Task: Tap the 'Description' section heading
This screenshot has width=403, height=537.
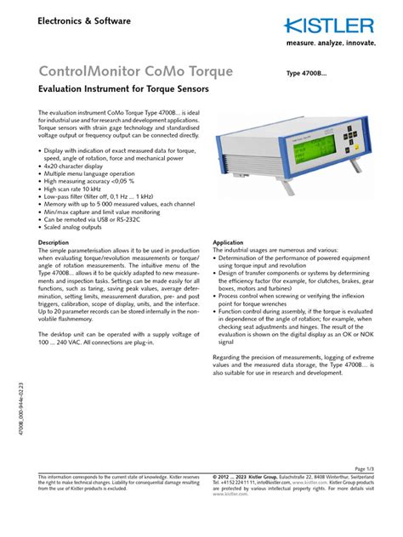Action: click(54, 242)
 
